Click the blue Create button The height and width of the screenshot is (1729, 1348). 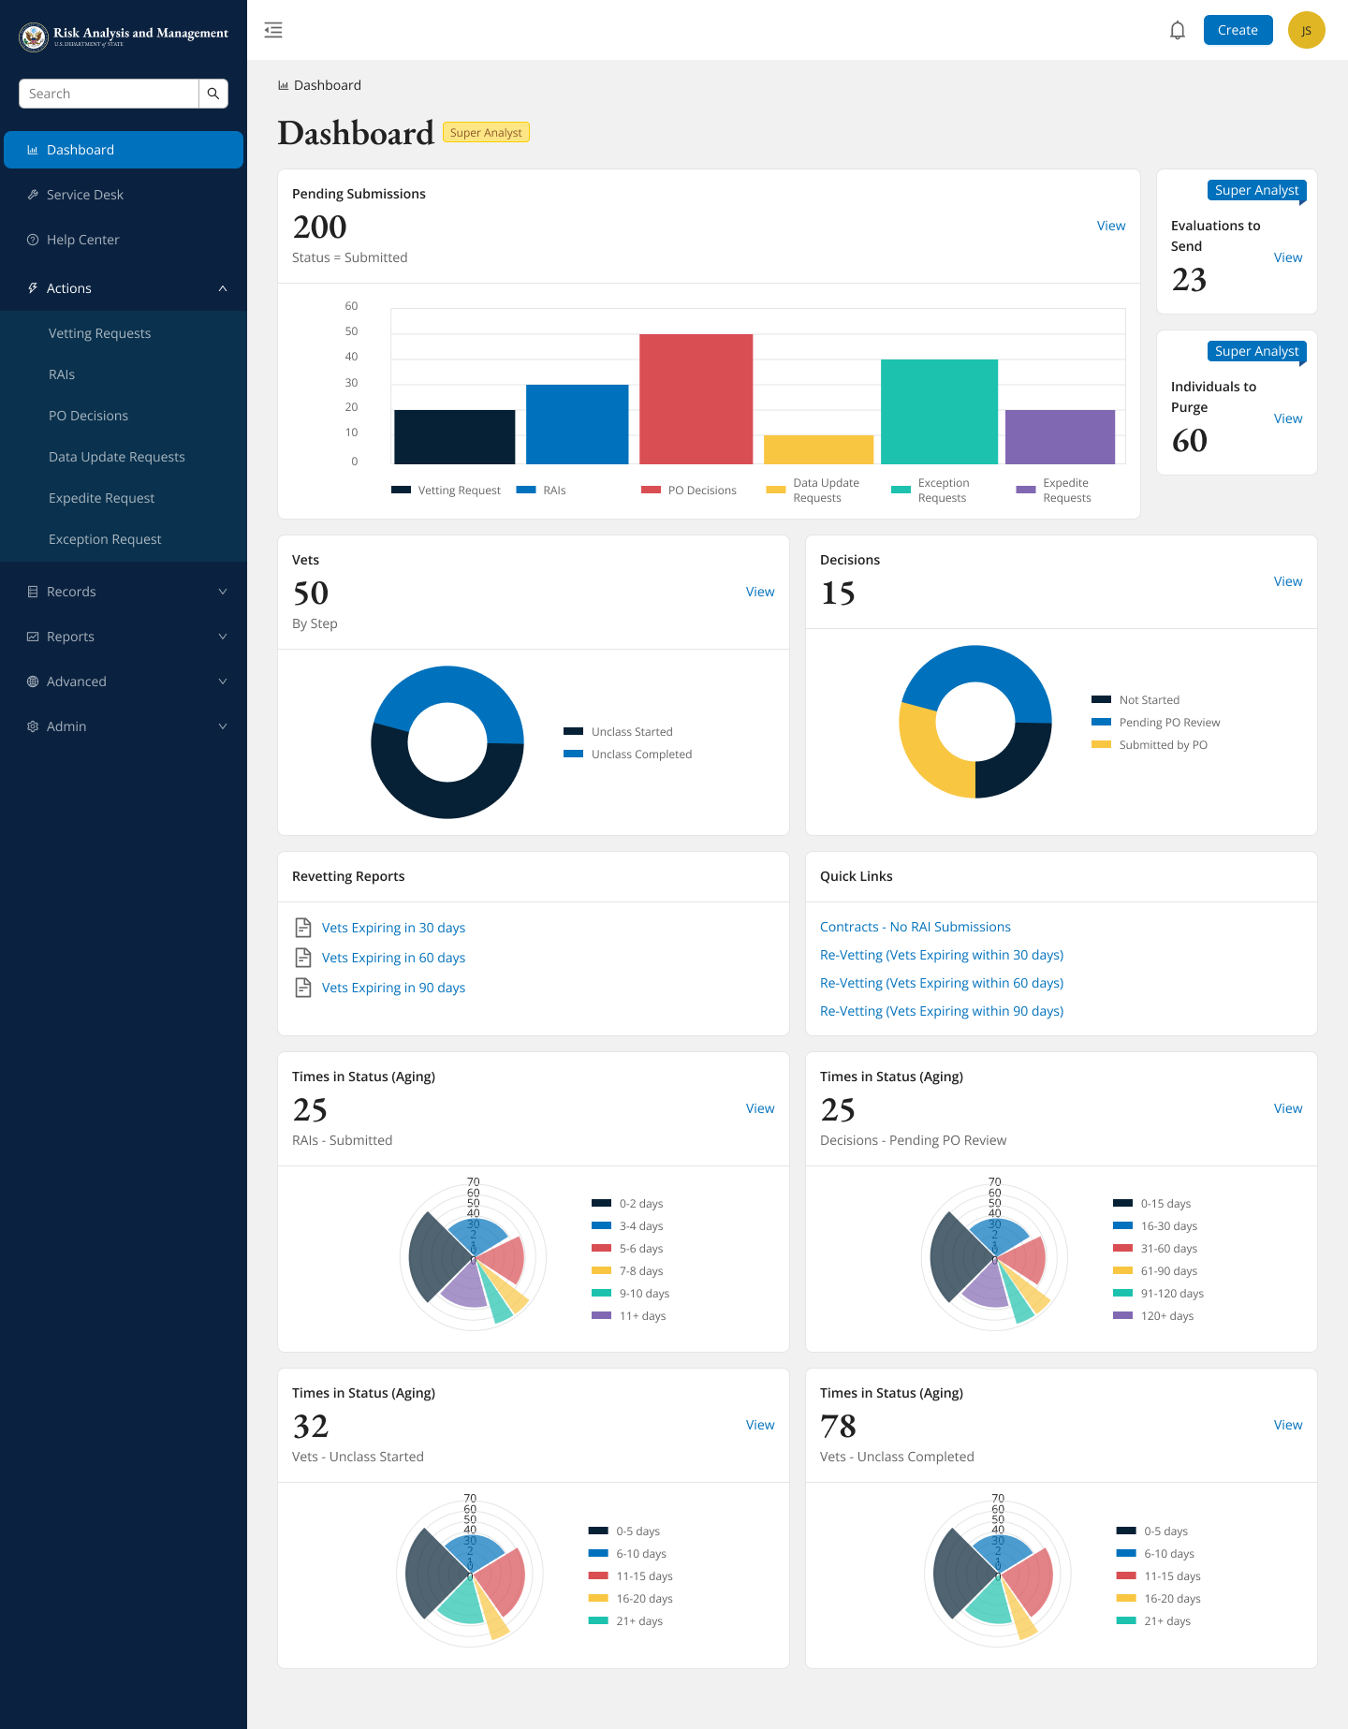[1238, 30]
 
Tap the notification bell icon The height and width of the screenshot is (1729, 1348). [1178, 30]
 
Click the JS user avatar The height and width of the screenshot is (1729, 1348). [1306, 30]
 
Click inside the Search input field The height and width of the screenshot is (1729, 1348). [109, 94]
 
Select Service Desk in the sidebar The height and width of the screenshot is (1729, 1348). [85, 195]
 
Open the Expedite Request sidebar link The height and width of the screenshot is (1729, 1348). [101, 498]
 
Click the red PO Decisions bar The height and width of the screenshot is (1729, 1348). [696, 399]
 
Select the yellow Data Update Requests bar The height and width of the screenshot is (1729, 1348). [818, 449]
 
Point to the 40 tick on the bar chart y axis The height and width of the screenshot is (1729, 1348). [351, 357]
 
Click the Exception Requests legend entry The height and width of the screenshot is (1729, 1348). [931, 490]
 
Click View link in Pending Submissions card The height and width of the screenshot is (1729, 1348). [1111, 226]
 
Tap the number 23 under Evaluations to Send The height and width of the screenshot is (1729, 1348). [1189, 280]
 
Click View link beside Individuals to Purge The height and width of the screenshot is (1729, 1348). [1287, 418]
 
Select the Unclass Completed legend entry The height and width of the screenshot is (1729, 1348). [640, 755]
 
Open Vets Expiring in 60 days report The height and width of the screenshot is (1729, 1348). [393, 958]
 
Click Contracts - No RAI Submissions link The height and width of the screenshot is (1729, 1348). [915, 927]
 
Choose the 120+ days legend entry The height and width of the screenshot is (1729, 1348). [1165, 1316]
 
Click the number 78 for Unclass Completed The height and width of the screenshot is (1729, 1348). [838, 1427]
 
